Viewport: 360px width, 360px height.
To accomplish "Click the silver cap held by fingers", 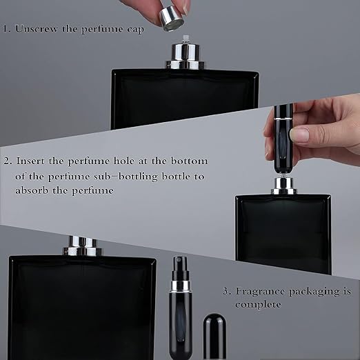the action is point(172,18).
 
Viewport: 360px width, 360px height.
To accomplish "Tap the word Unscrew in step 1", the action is point(37,29).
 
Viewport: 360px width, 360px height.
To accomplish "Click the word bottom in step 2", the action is point(189,161).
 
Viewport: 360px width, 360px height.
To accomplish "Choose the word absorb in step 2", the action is point(32,190).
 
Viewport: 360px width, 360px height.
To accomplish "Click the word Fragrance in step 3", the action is point(260,292).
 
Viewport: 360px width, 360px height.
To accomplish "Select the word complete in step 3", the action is point(258,305).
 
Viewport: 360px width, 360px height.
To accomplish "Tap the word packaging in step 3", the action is point(314,292).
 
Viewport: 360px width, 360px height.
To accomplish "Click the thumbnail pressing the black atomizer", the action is point(299,134).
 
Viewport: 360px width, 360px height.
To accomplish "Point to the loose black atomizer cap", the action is point(214,337).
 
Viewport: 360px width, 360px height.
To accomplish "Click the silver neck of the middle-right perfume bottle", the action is point(283,186).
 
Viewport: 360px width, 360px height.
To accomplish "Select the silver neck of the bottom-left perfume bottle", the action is point(83,246).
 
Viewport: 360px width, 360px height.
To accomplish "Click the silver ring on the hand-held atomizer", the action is point(283,118).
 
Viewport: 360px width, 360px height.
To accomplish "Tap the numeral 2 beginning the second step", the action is point(7,161).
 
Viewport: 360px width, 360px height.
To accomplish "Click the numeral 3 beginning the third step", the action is point(226,292).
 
